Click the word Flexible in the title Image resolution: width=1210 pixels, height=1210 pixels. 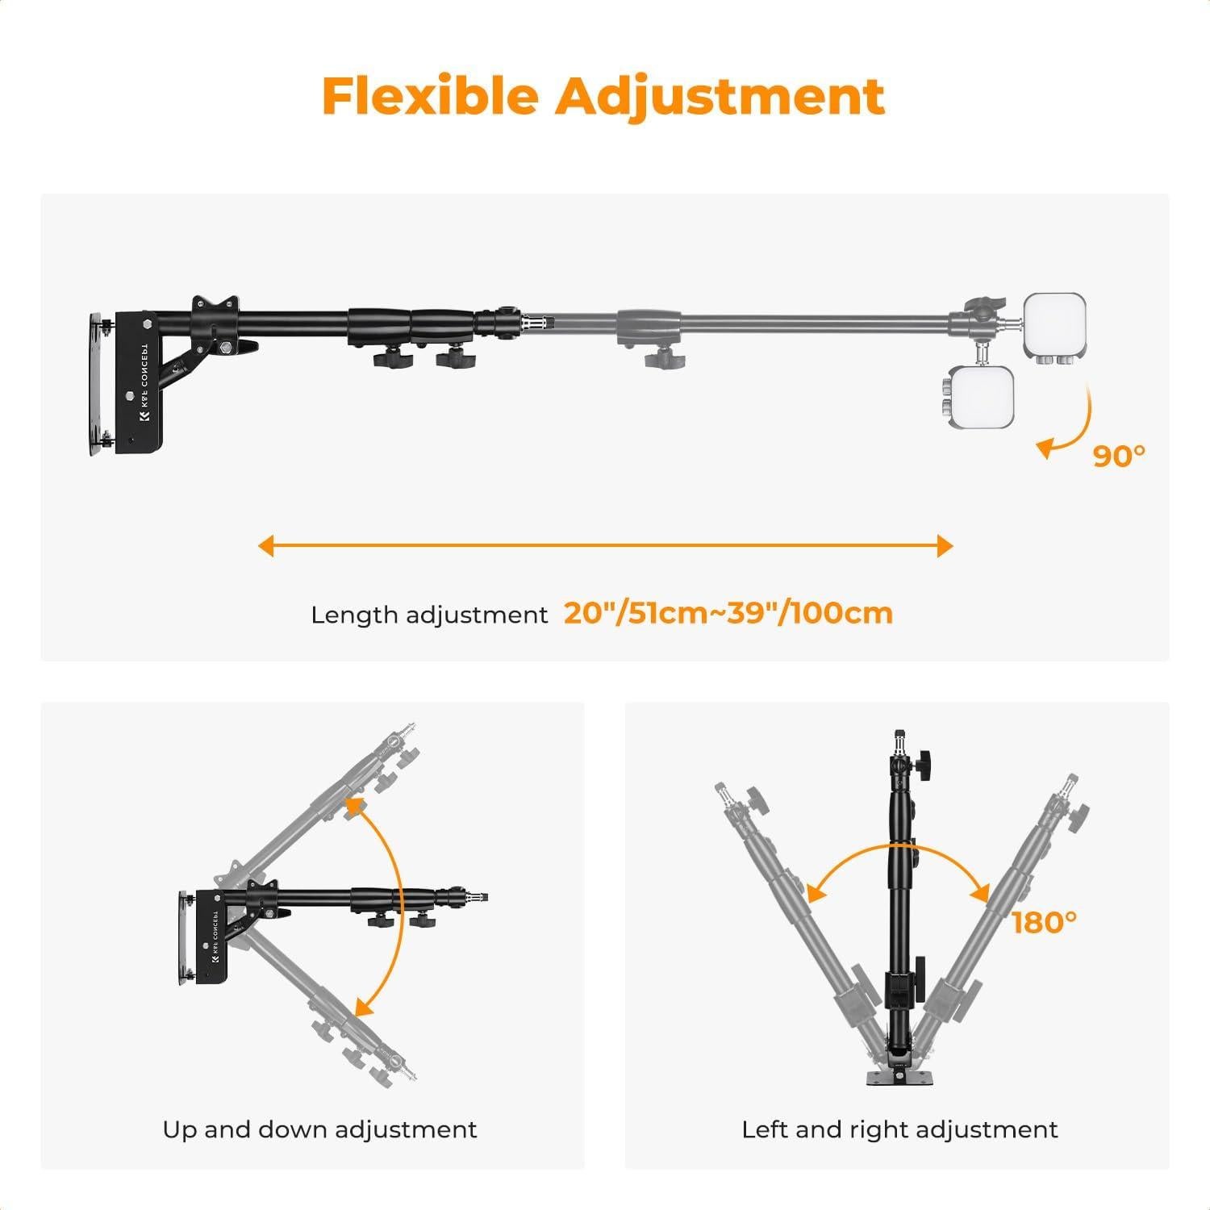tap(430, 96)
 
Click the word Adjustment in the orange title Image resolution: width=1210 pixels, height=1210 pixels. tap(720, 96)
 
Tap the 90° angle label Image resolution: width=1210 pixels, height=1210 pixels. tap(1118, 456)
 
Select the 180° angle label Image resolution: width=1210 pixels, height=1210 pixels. tap(1044, 922)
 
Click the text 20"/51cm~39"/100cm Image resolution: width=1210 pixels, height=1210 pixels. tap(728, 614)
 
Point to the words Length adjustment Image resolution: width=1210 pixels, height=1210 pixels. tap(429, 615)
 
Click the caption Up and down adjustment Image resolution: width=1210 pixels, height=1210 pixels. tap(319, 1129)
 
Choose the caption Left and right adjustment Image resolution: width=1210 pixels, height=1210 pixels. tap(899, 1129)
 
